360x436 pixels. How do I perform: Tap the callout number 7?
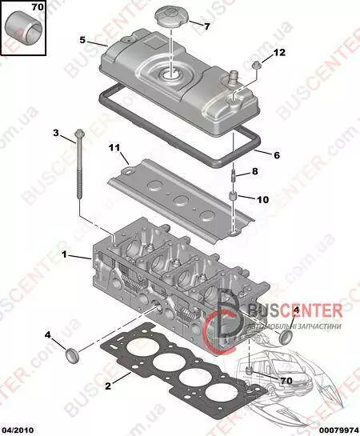tap(207, 26)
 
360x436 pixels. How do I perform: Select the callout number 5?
tap(82, 40)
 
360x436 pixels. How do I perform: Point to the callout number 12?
tap(279, 52)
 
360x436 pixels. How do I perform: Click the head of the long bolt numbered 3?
tap(80, 133)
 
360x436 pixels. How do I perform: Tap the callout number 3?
tap(56, 133)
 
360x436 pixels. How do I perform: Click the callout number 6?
tap(277, 155)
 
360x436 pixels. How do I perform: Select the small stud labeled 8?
tap(234, 175)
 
